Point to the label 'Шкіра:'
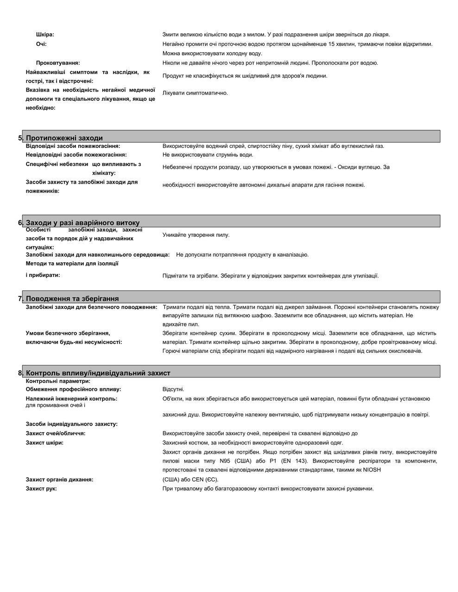(x=45, y=35)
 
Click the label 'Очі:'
(x=41, y=44)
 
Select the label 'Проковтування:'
(x=58, y=63)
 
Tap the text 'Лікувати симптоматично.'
(x=195, y=93)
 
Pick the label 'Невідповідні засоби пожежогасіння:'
(x=76, y=155)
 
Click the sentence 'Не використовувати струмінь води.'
(x=208, y=155)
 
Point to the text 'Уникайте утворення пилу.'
(x=196, y=235)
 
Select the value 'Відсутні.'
(x=173, y=389)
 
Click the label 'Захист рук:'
(x=41, y=489)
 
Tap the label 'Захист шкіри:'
(x=44, y=443)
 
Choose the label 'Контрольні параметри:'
(x=58, y=382)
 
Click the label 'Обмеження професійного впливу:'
(x=73, y=389)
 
